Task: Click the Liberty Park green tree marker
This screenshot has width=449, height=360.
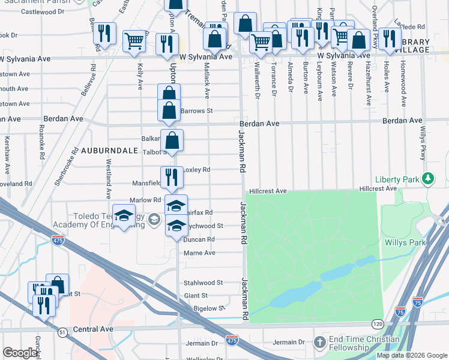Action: click(x=427, y=179)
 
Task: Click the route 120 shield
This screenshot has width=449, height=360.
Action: click(x=376, y=323)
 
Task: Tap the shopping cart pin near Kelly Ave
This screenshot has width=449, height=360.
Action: click(x=134, y=41)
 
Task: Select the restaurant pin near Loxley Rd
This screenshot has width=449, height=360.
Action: click(x=172, y=177)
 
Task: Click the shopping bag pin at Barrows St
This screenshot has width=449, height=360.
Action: click(x=169, y=110)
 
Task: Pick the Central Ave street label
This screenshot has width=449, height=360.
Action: click(x=93, y=329)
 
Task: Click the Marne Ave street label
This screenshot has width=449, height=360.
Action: click(x=199, y=253)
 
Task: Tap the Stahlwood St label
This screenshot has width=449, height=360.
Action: click(x=203, y=283)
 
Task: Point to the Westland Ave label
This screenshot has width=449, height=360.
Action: click(x=109, y=179)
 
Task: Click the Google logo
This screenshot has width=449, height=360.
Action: click(x=20, y=353)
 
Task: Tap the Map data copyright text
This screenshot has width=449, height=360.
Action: click(x=411, y=355)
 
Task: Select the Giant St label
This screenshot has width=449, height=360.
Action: click(x=196, y=296)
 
